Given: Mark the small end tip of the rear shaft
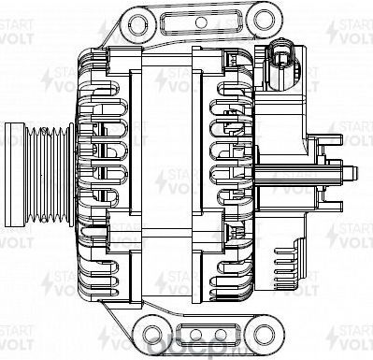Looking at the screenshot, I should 356,174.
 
